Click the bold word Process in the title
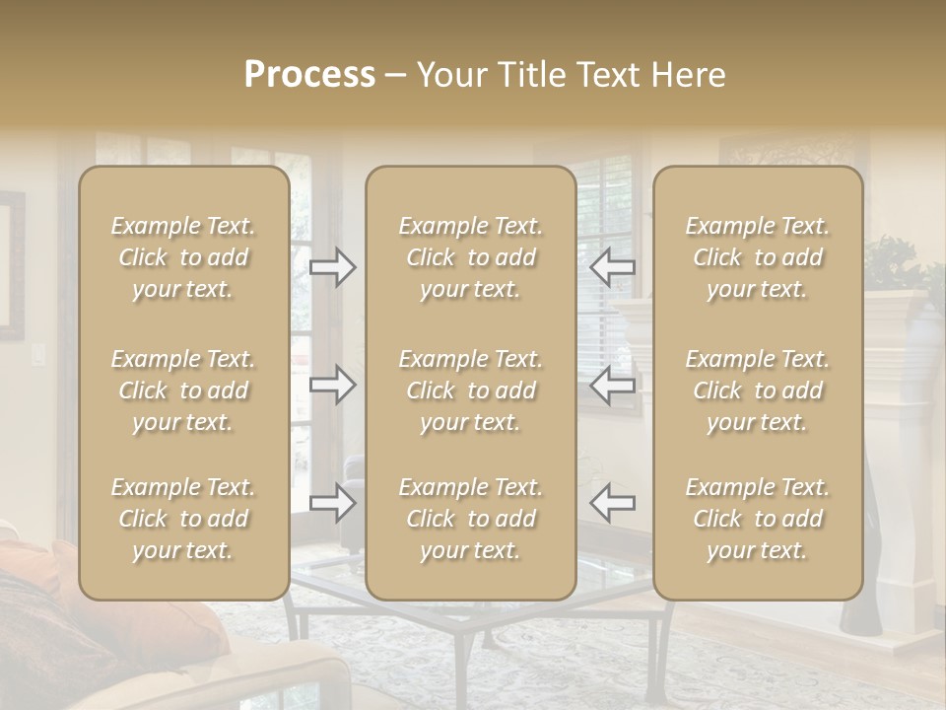tap(309, 75)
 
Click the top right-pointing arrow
tap(333, 266)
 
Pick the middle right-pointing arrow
tap(333, 385)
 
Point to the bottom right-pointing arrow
tap(333, 503)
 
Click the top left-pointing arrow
tap(612, 266)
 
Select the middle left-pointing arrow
tap(612, 385)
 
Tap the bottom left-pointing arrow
tap(612, 503)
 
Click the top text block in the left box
tap(183, 257)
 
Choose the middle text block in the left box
tap(183, 390)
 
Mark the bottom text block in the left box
tap(183, 519)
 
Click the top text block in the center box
tap(470, 257)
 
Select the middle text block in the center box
tap(470, 390)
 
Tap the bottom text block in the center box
tap(470, 519)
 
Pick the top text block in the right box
tap(758, 257)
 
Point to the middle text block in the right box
tap(758, 390)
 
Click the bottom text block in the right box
tap(758, 519)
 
